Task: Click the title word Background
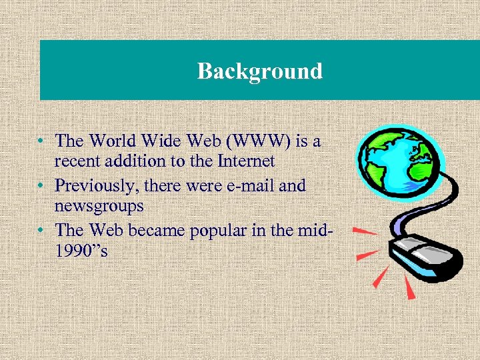coord(259,71)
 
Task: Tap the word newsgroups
coord(99,206)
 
